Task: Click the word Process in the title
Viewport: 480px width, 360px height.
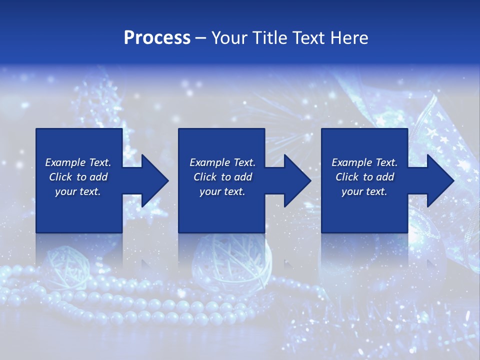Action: [157, 38]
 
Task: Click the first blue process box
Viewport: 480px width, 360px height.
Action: [78, 210]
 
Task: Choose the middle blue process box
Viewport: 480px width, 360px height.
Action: [221, 210]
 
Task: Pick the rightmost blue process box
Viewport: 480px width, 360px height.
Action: [364, 210]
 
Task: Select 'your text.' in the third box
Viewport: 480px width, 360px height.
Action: [364, 191]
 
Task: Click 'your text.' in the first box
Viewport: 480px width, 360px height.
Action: [78, 191]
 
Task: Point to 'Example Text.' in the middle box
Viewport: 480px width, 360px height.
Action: [222, 162]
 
